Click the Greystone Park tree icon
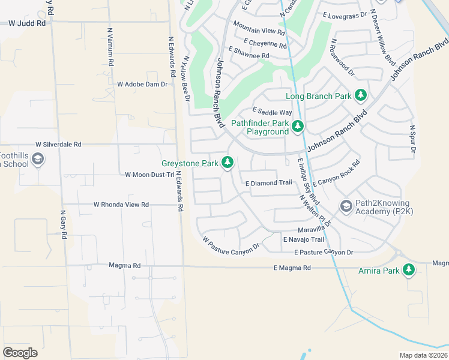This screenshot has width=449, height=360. coord(227,162)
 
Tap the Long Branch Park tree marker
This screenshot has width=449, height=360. coord(361,95)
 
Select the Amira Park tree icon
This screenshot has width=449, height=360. coord(409,270)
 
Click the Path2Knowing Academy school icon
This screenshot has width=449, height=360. coord(346,206)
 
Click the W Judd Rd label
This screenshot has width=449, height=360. coord(27,23)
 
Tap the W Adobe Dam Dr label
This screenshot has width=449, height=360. coord(142,85)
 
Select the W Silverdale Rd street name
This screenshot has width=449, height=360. coord(58,145)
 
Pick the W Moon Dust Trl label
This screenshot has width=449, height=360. coord(149,175)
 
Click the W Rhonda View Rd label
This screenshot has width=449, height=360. coord(121,205)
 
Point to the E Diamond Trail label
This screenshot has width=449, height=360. coord(268,183)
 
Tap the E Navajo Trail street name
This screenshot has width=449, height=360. coord(303,239)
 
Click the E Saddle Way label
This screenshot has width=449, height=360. coord(272,112)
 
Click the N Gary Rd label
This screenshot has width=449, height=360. coord(62,224)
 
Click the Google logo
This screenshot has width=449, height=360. coord(20,352)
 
